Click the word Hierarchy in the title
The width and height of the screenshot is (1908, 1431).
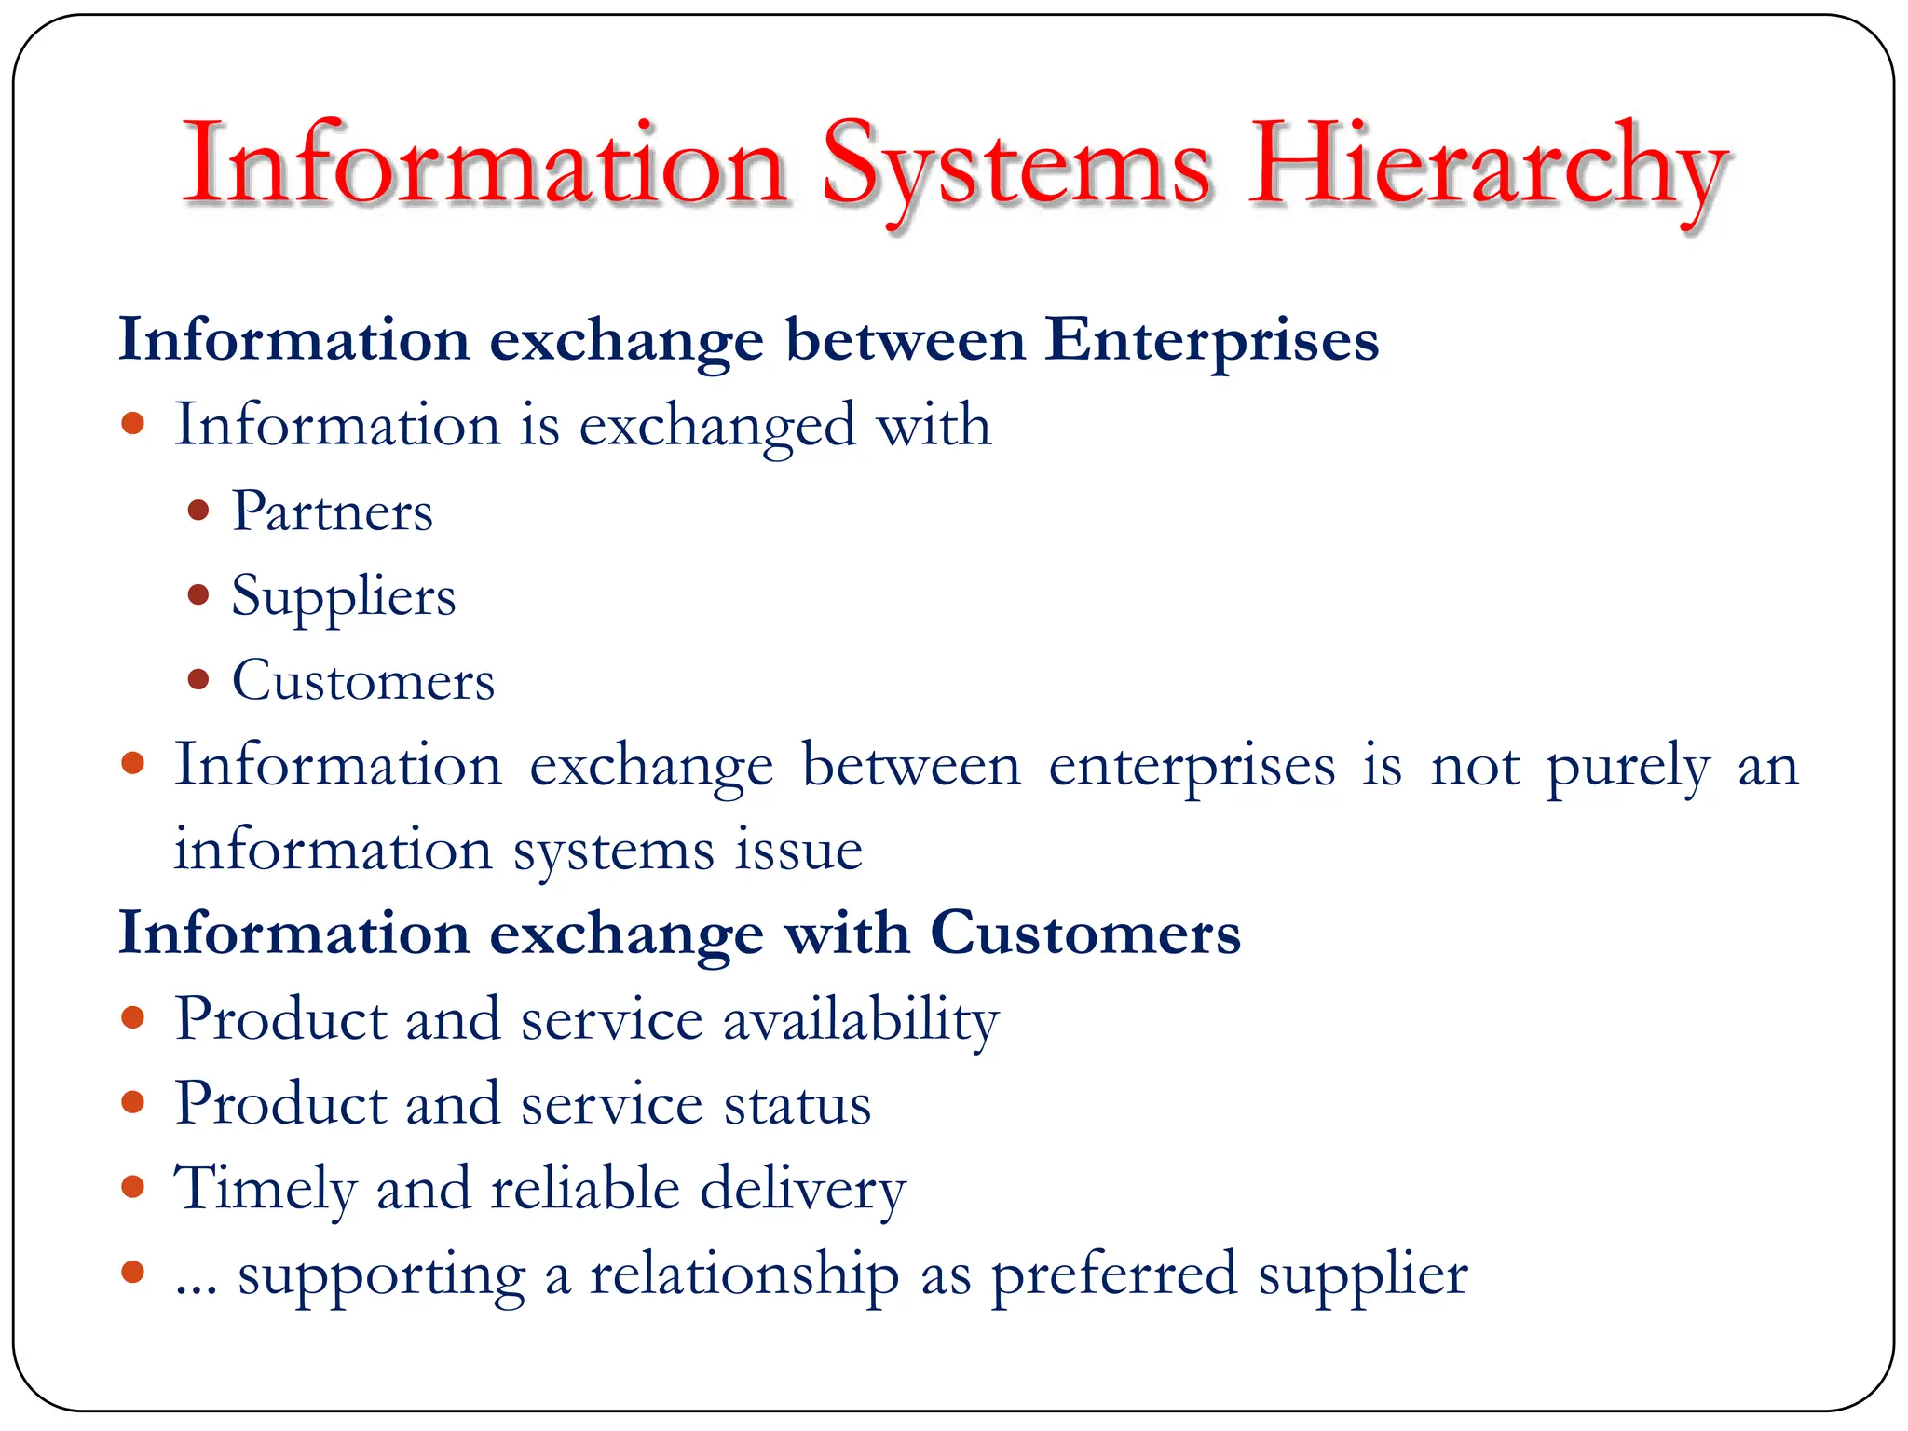[x=1488, y=168]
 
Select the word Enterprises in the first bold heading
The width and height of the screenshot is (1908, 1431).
[x=1211, y=341]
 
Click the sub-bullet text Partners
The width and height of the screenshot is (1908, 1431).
[x=333, y=511]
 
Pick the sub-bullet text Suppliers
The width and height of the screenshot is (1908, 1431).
[x=344, y=596]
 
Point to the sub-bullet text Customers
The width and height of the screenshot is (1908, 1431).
[x=363, y=681]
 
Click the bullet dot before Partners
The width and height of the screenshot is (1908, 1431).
[x=198, y=511]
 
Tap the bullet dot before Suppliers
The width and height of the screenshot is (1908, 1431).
[x=198, y=594]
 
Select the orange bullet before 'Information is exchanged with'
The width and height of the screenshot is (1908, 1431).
[x=133, y=425]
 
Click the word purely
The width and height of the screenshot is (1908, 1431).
[x=1628, y=768]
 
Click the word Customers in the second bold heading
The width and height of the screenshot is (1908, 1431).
[x=1085, y=934]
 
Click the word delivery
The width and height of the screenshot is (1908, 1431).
[x=802, y=1191]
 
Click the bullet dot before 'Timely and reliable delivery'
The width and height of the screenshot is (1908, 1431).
[x=133, y=1188]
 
